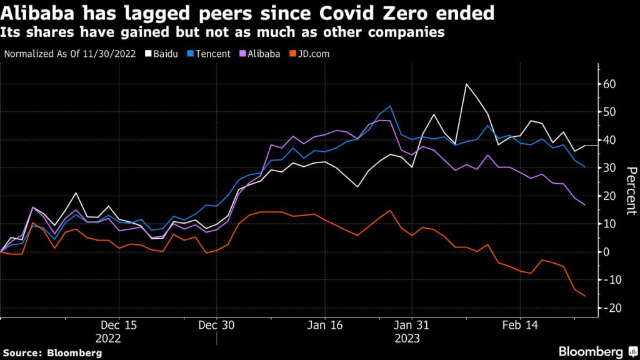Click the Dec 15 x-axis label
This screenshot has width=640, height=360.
(118, 326)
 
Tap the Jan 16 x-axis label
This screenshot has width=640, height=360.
(325, 326)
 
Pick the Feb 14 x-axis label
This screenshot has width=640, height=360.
(520, 326)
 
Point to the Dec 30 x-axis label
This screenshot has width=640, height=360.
(216, 326)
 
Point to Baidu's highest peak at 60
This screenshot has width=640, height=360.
(466, 84)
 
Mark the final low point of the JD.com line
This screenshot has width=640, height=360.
(585, 296)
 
